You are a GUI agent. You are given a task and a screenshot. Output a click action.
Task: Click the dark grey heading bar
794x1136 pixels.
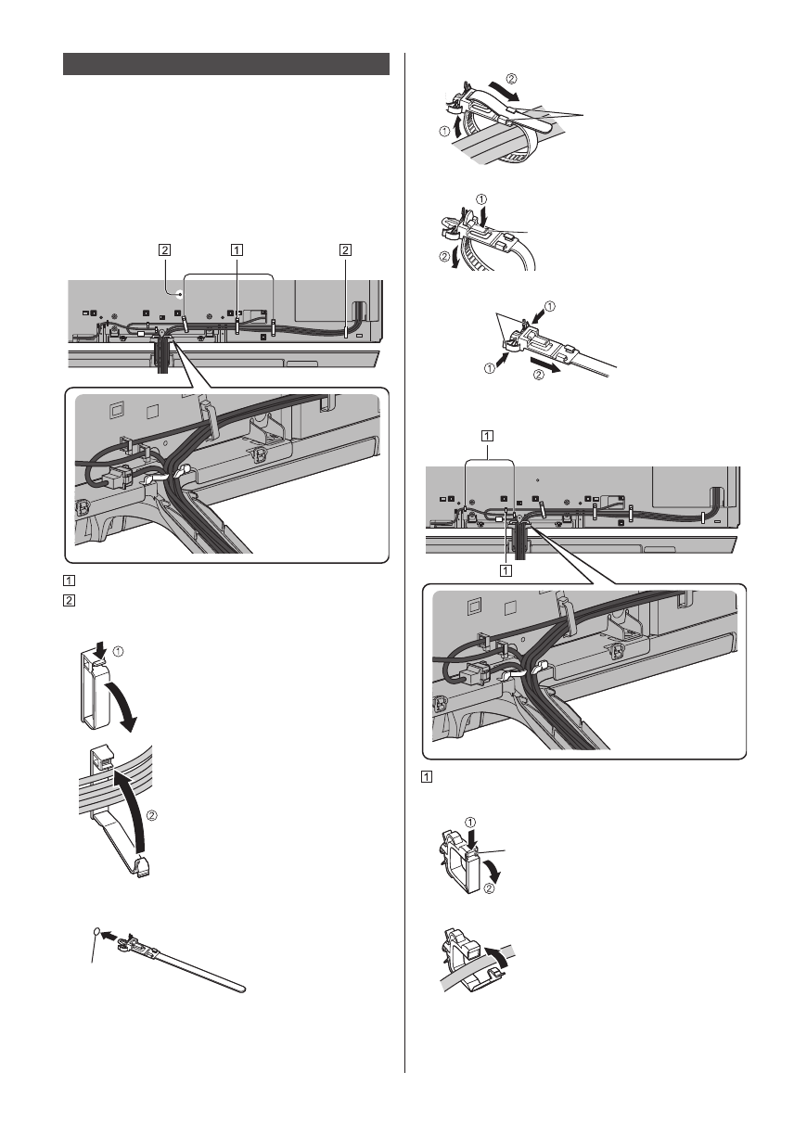pos(225,64)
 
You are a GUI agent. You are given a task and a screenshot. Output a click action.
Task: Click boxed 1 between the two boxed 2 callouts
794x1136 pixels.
pos(237,249)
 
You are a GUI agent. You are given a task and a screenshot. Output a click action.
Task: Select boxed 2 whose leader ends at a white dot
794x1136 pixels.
pos(164,249)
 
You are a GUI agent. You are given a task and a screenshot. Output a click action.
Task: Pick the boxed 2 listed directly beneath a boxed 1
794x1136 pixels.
pos(70,598)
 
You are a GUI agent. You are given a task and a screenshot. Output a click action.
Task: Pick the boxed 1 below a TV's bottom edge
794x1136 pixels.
pos(506,570)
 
